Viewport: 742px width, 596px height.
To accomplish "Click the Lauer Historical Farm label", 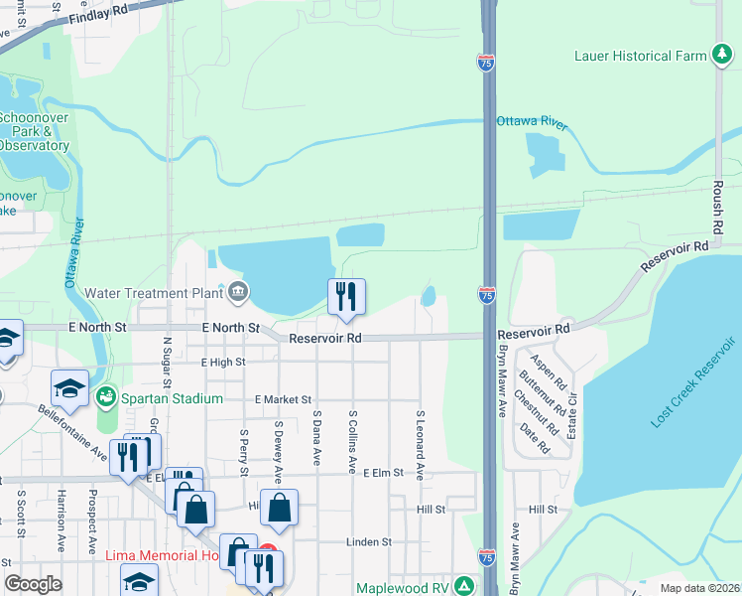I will (640, 56).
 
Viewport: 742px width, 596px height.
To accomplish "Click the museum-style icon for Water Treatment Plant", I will (238, 292).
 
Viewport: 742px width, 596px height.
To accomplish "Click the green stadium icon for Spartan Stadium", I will (106, 398).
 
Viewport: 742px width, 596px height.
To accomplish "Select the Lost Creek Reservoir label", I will (694, 383).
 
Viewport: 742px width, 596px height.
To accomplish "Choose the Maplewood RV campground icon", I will (461, 587).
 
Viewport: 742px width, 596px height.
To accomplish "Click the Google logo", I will (33, 584).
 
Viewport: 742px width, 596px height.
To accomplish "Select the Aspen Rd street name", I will (547, 370).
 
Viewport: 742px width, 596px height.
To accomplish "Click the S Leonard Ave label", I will (421, 446).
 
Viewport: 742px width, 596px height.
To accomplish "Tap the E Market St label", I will (283, 399).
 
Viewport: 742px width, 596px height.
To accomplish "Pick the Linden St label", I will (369, 542).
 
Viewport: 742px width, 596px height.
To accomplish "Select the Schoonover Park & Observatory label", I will (33, 130).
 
